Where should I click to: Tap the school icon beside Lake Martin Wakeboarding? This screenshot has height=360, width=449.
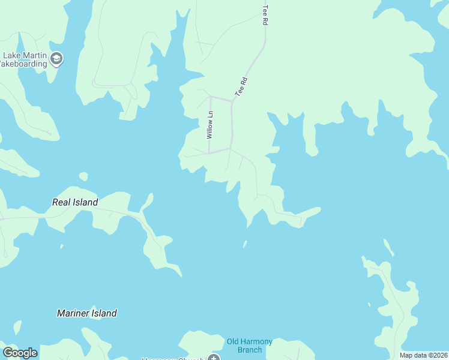pyautogui.click(x=57, y=59)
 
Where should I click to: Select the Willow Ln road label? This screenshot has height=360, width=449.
pyautogui.click(x=209, y=125)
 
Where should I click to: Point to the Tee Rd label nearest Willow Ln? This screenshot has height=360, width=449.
pyautogui.click(x=241, y=86)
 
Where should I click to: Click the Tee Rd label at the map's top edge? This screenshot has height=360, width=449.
pyautogui.click(x=264, y=15)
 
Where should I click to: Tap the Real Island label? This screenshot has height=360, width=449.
pyautogui.click(x=75, y=203)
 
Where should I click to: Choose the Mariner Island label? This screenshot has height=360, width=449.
pyautogui.click(x=86, y=313)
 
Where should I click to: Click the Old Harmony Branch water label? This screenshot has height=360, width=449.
pyautogui.click(x=249, y=346)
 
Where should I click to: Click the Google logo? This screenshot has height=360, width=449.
pyautogui.click(x=20, y=353)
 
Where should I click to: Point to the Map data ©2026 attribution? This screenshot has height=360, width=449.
pyautogui.click(x=423, y=355)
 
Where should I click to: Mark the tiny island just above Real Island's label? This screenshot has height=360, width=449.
pyautogui.click(x=83, y=176)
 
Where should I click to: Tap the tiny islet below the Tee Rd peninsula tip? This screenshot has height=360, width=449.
pyautogui.click(x=245, y=244)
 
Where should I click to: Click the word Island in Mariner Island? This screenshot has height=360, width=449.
pyautogui.click(x=104, y=313)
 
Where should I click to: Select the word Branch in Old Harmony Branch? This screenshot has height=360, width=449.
pyautogui.click(x=249, y=350)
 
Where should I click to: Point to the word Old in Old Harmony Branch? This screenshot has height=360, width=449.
pyautogui.click(x=233, y=342)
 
